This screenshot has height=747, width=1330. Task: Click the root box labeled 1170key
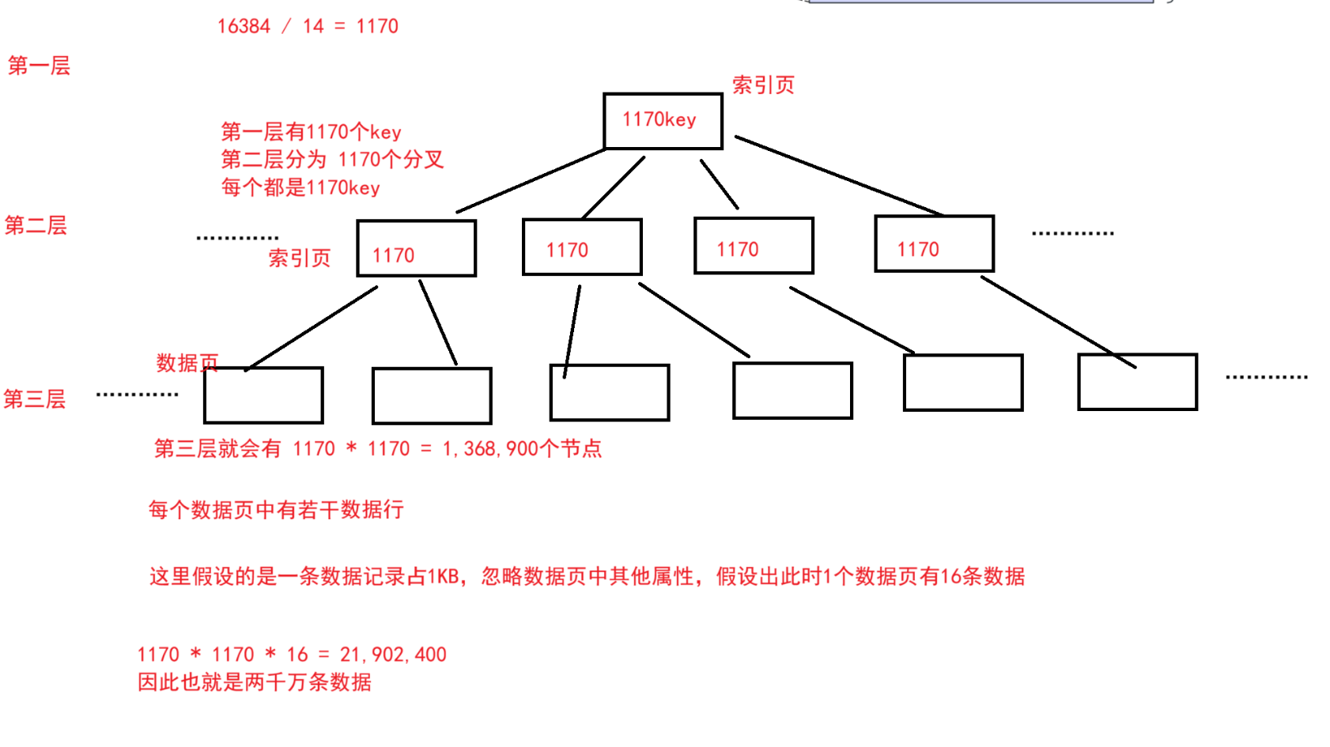coord(663,121)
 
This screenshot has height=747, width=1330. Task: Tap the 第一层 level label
coord(39,66)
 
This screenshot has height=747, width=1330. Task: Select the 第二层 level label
coord(36,226)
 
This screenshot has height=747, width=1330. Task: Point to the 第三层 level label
coord(34,399)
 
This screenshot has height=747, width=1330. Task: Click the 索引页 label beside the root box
coord(763,85)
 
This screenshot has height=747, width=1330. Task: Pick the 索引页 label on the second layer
coord(299,258)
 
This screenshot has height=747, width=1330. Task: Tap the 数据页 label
coord(187,363)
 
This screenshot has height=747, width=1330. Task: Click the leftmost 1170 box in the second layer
coord(416,249)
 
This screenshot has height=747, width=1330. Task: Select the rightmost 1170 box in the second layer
coord(934,244)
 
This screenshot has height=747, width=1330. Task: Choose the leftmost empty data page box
coord(263,395)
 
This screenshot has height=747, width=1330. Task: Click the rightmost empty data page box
coord(1137,383)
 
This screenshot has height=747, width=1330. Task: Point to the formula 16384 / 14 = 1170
coord(308,26)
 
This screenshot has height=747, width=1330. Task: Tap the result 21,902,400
coord(393,655)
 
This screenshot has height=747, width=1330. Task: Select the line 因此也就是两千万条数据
coord(254,682)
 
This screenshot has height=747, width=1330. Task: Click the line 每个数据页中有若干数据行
coord(276,510)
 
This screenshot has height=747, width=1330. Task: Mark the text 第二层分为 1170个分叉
coord(332,160)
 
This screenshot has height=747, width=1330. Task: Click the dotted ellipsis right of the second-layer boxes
coord(1072,233)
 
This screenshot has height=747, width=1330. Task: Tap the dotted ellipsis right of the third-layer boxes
coord(1266,377)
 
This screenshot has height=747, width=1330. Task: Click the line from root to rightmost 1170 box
coord(838,175)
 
